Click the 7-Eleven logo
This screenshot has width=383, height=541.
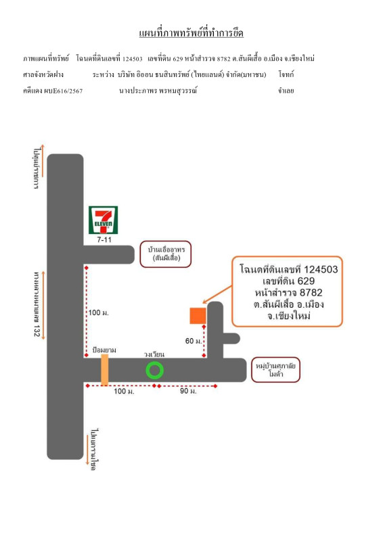point(104,220)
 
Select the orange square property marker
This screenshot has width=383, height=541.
point(198,316)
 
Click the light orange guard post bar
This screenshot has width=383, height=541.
point(105,369)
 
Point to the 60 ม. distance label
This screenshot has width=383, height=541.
point(194,341)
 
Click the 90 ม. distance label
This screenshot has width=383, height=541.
point(188,392)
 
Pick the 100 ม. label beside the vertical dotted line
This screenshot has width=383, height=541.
point(98,312)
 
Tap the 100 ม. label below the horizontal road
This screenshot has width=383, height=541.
point(124,392)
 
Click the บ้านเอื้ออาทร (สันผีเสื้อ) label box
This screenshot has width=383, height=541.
point(166,254)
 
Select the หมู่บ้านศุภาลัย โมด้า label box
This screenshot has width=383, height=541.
point(275,370)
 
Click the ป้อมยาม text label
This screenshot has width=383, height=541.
point(104,350)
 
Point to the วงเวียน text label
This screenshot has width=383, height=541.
point(154,354)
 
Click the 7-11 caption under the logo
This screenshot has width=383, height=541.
point(104,239)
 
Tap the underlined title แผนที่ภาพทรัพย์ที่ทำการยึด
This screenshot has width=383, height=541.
point(191,33)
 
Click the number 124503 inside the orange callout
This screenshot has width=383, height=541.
point(321,269)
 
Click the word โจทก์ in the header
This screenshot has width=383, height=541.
point(286,74)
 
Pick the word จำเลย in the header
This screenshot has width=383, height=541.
point(286,91)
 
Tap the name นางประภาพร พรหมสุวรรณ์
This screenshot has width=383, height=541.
point(158,91)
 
